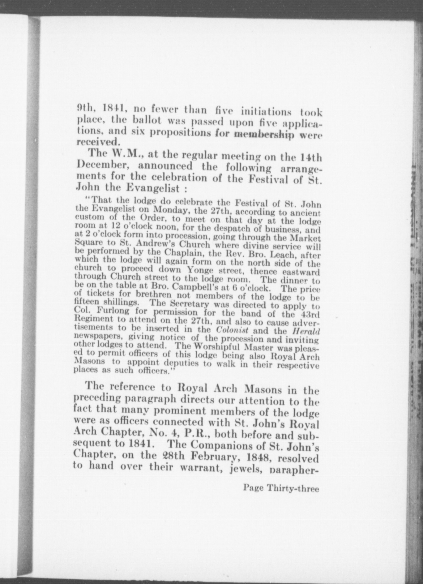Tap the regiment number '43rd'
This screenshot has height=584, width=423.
coord(310,314)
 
